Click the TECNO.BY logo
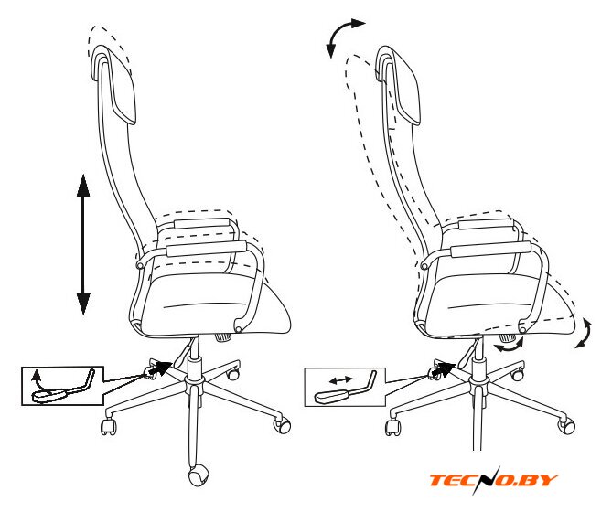[x=493, y=480]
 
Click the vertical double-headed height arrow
[x=83, y=244]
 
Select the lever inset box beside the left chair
[x=62, y=386]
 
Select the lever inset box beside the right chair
[x=345, y=387]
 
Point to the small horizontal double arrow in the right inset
[x=341, y=379]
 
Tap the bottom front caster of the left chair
[x=199, y=475]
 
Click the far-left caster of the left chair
[x=109, y=427]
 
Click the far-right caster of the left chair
[x=283, y=424]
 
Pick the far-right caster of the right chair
[x=567, y=426]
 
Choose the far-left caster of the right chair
[x=393, y=428]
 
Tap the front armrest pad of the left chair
[x=206, y=249]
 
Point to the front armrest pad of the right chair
[x=490, y=250]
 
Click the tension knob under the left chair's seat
[x=223, y=337]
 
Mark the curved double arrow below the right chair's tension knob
[x=509, y=347]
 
